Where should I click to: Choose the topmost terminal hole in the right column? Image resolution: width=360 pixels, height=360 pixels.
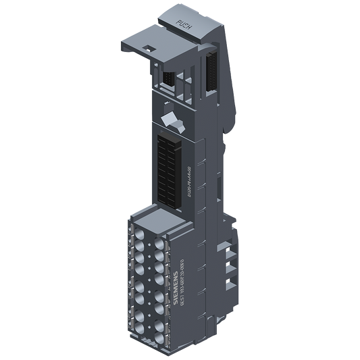coord(159,238)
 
